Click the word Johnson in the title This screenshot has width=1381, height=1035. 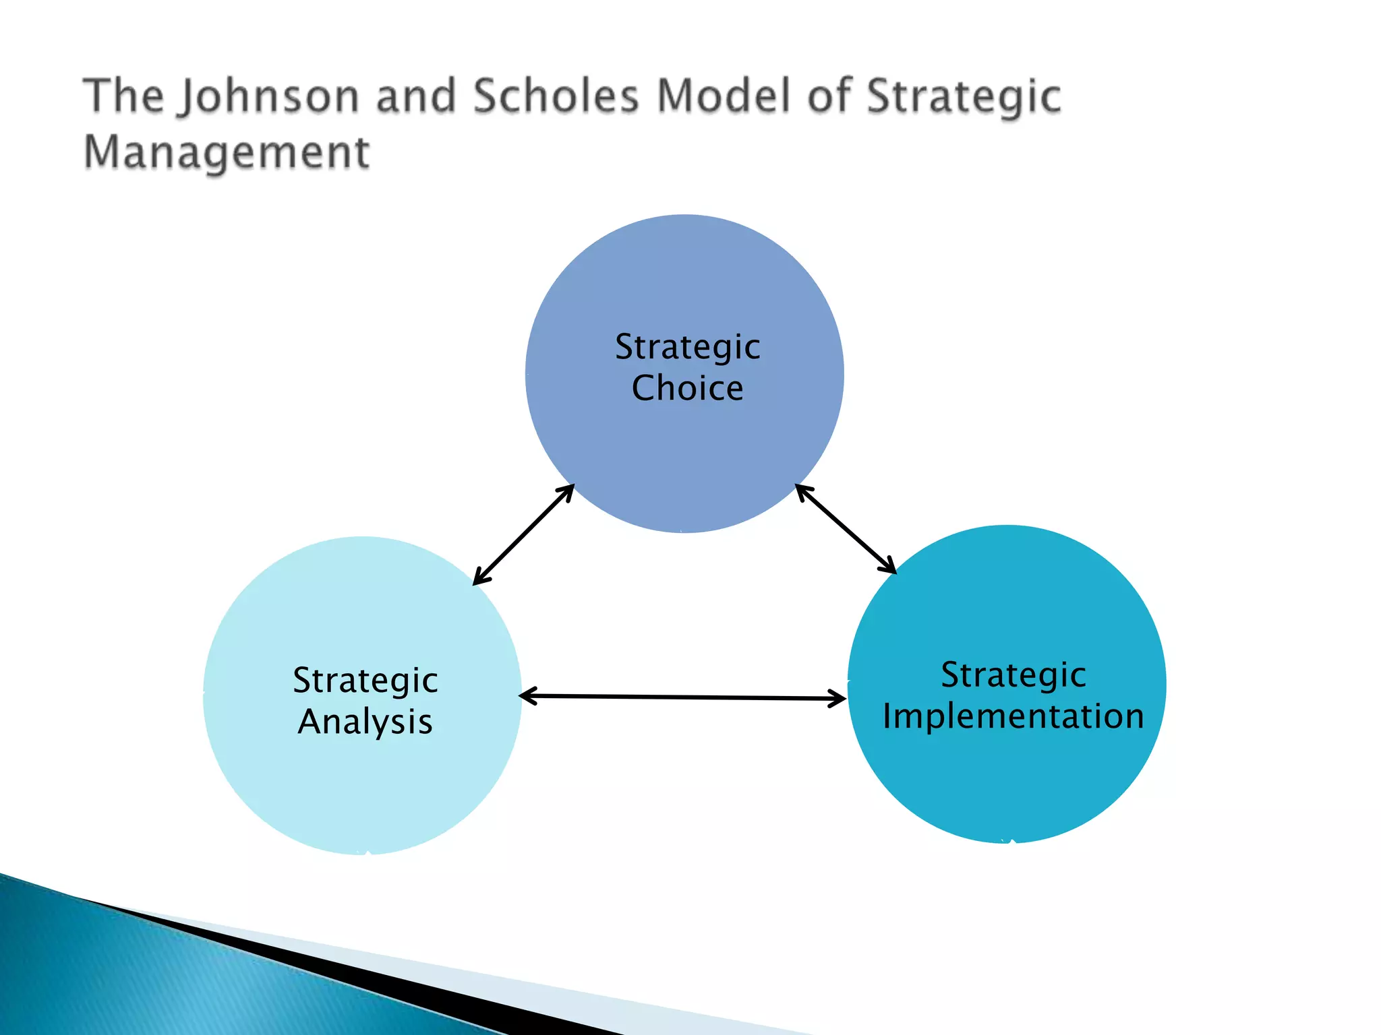point(268,96)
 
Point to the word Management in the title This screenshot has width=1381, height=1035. point(227,152)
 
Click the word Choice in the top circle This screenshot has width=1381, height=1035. point(687,388)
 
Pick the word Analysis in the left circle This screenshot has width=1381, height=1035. point(365,722)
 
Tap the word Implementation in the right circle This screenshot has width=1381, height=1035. point(1013,716)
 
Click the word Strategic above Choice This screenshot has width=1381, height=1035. point(687,348)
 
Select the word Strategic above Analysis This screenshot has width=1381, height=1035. point(365,681)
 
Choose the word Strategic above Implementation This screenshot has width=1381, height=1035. point(1013,675)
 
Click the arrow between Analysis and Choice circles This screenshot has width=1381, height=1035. point(523,534)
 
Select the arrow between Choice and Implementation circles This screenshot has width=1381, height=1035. point(846,529)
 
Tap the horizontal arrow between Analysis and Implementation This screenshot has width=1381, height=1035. point(682,697)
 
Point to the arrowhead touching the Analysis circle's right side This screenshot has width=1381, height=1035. point(528,696)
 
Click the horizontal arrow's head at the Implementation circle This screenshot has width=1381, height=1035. point(838,699)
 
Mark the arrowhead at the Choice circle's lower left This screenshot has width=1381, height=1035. point(566,492)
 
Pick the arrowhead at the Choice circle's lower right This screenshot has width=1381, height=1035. point(803,491)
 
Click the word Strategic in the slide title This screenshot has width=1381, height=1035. point(963,96)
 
